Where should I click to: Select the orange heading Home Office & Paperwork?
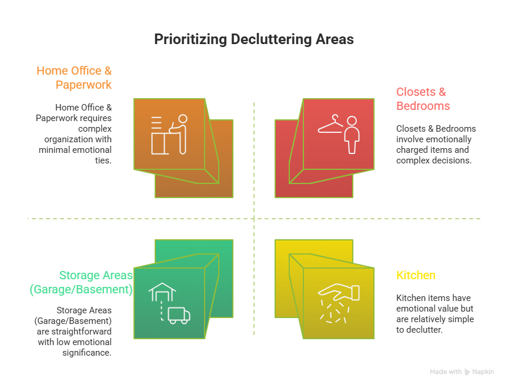click(74, 78)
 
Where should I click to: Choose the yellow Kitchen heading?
click(416, 275)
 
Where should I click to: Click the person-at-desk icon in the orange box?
click(169, 135)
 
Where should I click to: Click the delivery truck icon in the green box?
click(179, 316)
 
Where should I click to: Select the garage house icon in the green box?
click(162, 292)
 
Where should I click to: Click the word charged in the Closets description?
click(414, 150)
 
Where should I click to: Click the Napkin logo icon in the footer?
click(467, 372)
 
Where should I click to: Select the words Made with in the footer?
click(445, 372)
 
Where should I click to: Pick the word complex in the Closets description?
click(413, 160)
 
